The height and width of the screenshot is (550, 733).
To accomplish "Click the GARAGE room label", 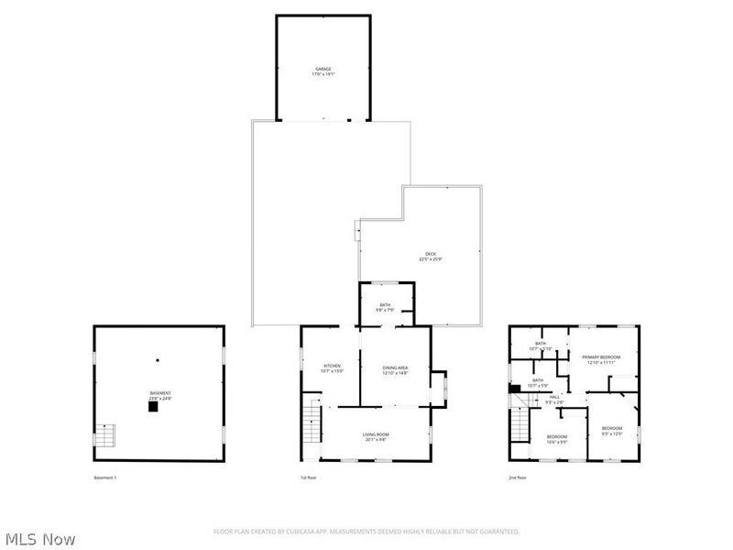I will tap(323, 71).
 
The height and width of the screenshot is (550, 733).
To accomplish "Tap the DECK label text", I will tap(430, 257).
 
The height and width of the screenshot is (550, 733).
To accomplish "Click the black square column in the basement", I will tap(153, 408).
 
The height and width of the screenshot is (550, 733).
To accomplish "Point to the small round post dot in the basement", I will tap(158, 359).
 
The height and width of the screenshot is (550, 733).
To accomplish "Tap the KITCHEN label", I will tap(332, 368).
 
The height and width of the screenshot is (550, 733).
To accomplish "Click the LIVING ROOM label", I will tap(376, 436).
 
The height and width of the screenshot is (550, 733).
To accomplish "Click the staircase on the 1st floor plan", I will tap(312, 426).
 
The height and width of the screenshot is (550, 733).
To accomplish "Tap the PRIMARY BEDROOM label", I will tap(601, 359).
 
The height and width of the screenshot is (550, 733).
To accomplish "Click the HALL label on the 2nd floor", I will tap(554, 399).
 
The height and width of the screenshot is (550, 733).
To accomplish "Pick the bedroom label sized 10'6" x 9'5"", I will tap(557, 438).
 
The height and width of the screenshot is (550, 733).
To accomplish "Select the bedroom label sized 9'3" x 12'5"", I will tap(612, 431).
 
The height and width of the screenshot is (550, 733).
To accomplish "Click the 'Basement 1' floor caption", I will tap(105, 478).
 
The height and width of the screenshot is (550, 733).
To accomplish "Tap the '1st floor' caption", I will tap(310, 478).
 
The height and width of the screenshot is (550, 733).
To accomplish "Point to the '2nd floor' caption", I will tap(519, 478).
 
